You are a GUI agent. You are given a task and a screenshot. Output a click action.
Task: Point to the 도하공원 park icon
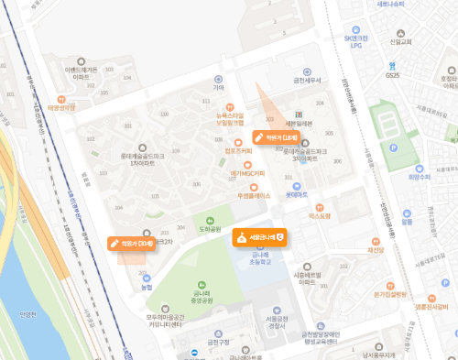(211, 220)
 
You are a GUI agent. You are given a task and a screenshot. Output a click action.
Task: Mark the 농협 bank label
(147, 288)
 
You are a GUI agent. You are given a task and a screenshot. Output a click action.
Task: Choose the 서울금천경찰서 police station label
(272, 321)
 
